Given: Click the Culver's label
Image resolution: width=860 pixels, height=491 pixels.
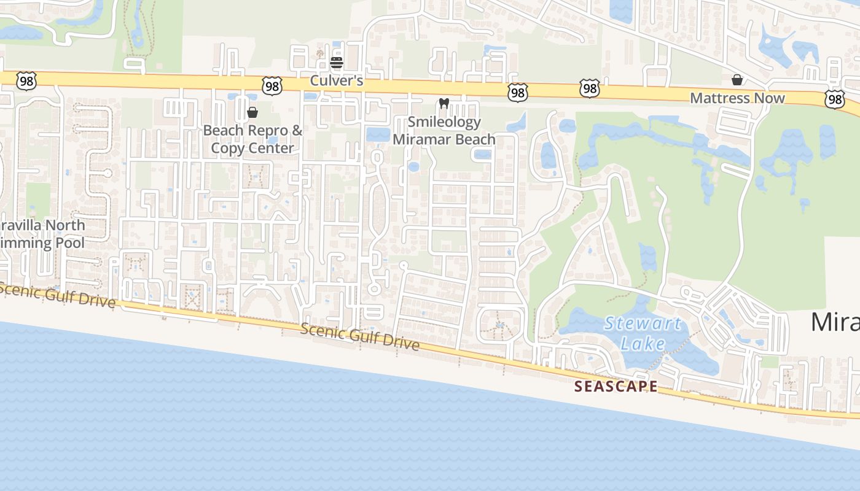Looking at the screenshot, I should coord(337,80).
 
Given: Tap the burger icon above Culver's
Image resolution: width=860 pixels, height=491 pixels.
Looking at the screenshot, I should coord(336,63).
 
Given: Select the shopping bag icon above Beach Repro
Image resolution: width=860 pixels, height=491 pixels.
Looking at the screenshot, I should coord(252,112).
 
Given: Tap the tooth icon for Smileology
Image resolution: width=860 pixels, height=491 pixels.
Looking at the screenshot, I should coord(445,104).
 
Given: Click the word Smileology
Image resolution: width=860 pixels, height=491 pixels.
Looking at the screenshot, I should coord(444,122).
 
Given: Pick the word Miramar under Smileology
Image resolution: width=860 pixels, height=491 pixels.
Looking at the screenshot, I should coord(420,139).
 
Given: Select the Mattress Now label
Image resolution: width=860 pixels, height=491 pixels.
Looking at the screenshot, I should coord(737,98).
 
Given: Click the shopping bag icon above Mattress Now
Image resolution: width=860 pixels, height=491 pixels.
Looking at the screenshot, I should coord(737,80).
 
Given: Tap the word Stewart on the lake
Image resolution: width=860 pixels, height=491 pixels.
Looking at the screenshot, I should coord(643,323).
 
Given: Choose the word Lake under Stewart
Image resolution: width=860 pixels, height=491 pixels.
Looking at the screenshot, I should coord(643,343).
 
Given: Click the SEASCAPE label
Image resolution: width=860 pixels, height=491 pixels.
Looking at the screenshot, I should coord(616,387).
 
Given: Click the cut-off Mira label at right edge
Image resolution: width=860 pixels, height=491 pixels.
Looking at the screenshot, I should coord(835,322).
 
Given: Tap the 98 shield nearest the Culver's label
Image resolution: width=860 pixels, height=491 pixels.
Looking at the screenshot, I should coord(272,86).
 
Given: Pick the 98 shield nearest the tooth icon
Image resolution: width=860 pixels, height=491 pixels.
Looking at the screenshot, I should coord(518,93).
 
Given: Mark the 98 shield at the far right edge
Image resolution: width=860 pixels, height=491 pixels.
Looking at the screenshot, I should coord(835,99).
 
